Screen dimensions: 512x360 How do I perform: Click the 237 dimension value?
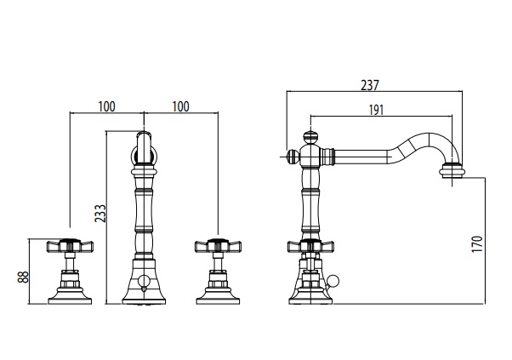370,85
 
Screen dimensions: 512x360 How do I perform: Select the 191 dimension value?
376,110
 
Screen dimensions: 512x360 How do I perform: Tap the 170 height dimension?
477,243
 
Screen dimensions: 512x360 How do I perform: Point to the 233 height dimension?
100,214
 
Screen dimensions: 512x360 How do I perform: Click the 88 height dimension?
23,277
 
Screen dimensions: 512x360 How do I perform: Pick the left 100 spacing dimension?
107,106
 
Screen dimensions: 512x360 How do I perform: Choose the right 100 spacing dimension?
180,106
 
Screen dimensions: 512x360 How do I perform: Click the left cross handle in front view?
70,246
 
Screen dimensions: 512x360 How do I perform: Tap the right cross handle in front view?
218,246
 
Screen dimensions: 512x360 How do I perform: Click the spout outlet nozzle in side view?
452,172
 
